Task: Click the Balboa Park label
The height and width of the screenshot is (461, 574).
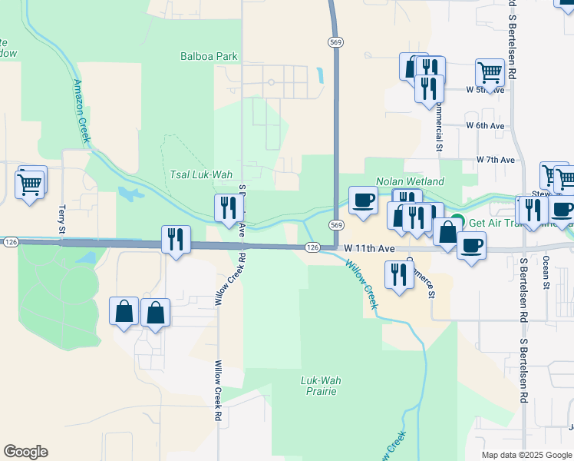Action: (x=209, y=56)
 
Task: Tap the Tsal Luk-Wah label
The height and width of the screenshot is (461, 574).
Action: (x=200, y=174)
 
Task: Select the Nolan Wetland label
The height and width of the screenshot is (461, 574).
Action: (x=410, y=181)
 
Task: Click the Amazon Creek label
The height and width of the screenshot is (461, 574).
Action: (x=82, y=111)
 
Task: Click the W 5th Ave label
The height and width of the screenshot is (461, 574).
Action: (x=485, y=90)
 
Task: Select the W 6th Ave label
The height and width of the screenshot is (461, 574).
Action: (x=485, y=125)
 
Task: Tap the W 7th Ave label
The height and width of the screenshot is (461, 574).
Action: (x=495, y=160)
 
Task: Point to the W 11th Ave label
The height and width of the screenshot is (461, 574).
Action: (x=368, y=248)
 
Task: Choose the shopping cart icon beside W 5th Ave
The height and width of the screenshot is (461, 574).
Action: (x=490, y=73)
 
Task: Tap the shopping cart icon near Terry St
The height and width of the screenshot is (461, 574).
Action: (x=30, y=183)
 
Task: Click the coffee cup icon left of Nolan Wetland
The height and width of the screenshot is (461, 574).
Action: (x=363, y=200)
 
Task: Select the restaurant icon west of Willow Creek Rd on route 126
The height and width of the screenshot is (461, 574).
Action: (x=176, y=240)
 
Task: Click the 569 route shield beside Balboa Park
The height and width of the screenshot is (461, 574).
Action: (x=335, y=42)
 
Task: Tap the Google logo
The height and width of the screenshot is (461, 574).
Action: (x=26, y=452)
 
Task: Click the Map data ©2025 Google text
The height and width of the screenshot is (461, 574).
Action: (x=526, y=455)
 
